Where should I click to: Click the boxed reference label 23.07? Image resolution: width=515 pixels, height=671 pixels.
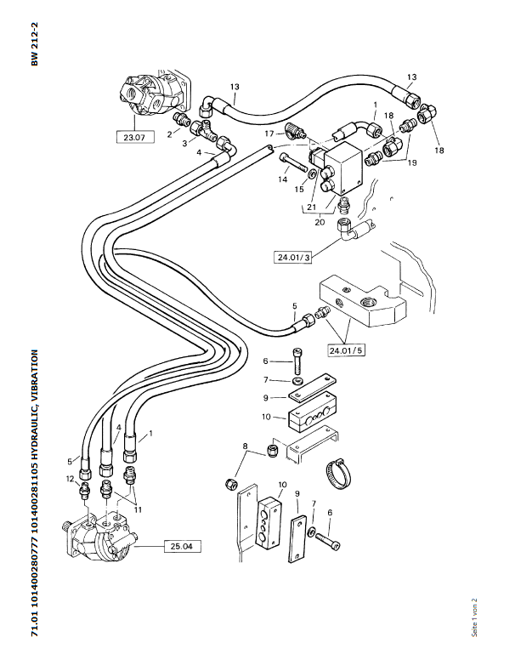[x=134, y=138]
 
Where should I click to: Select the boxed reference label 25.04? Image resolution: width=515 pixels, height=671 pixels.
[x=181, y=546]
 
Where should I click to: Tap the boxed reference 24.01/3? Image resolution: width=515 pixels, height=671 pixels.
[x=293, y=258]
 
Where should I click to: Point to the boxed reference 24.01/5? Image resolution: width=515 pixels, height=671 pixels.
[x=347, y=350]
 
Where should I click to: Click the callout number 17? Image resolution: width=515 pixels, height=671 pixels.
[x=269, y=134]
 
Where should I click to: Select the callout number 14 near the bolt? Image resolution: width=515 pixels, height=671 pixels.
[x=283, y=179]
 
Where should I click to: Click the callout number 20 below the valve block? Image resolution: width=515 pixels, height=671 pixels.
[x=320, y=222]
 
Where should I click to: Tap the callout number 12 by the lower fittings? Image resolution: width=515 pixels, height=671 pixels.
[x=71, y=479]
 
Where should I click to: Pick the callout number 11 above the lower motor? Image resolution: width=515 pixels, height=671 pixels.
[x=138, y=509]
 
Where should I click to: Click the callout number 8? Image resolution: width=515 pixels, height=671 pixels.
[x=245, y=446]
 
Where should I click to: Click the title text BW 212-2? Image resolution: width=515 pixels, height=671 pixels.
[x=35, y=44]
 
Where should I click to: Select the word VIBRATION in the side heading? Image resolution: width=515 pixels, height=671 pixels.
[x=35, y=375]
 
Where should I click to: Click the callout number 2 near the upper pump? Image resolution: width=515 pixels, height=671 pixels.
[x=170, y=134]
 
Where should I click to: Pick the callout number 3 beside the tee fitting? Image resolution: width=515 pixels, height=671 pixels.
[x=184, y=144]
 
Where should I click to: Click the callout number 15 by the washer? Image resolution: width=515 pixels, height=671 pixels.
[x=299, y=189]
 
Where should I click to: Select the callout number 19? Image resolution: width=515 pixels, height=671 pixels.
[x=412, y=162]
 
